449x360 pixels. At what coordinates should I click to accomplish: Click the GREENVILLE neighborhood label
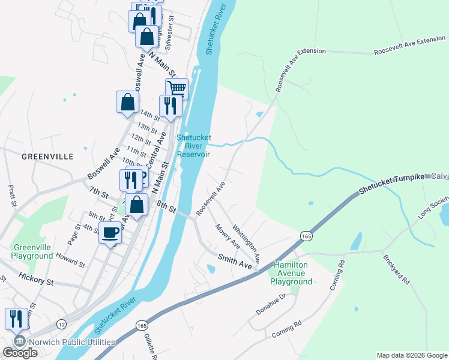[47, 157]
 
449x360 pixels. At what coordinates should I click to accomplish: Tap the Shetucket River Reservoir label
[193, 146]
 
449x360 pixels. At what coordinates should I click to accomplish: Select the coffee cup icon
[110, 233]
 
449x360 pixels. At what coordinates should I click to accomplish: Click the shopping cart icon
[176, 89]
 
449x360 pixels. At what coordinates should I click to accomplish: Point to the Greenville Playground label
[32, 252]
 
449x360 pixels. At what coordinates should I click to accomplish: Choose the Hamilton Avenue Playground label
[291, 273]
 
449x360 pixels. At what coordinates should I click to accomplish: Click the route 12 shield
[61, 324]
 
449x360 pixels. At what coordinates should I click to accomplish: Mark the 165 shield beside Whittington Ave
[306, 236]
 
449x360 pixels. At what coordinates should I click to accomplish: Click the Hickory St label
[36, 280]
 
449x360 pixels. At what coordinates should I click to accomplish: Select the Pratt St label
[11, 196]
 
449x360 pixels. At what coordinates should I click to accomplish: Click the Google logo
[20, 353]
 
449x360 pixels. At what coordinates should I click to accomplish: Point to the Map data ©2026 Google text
[411, 355]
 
